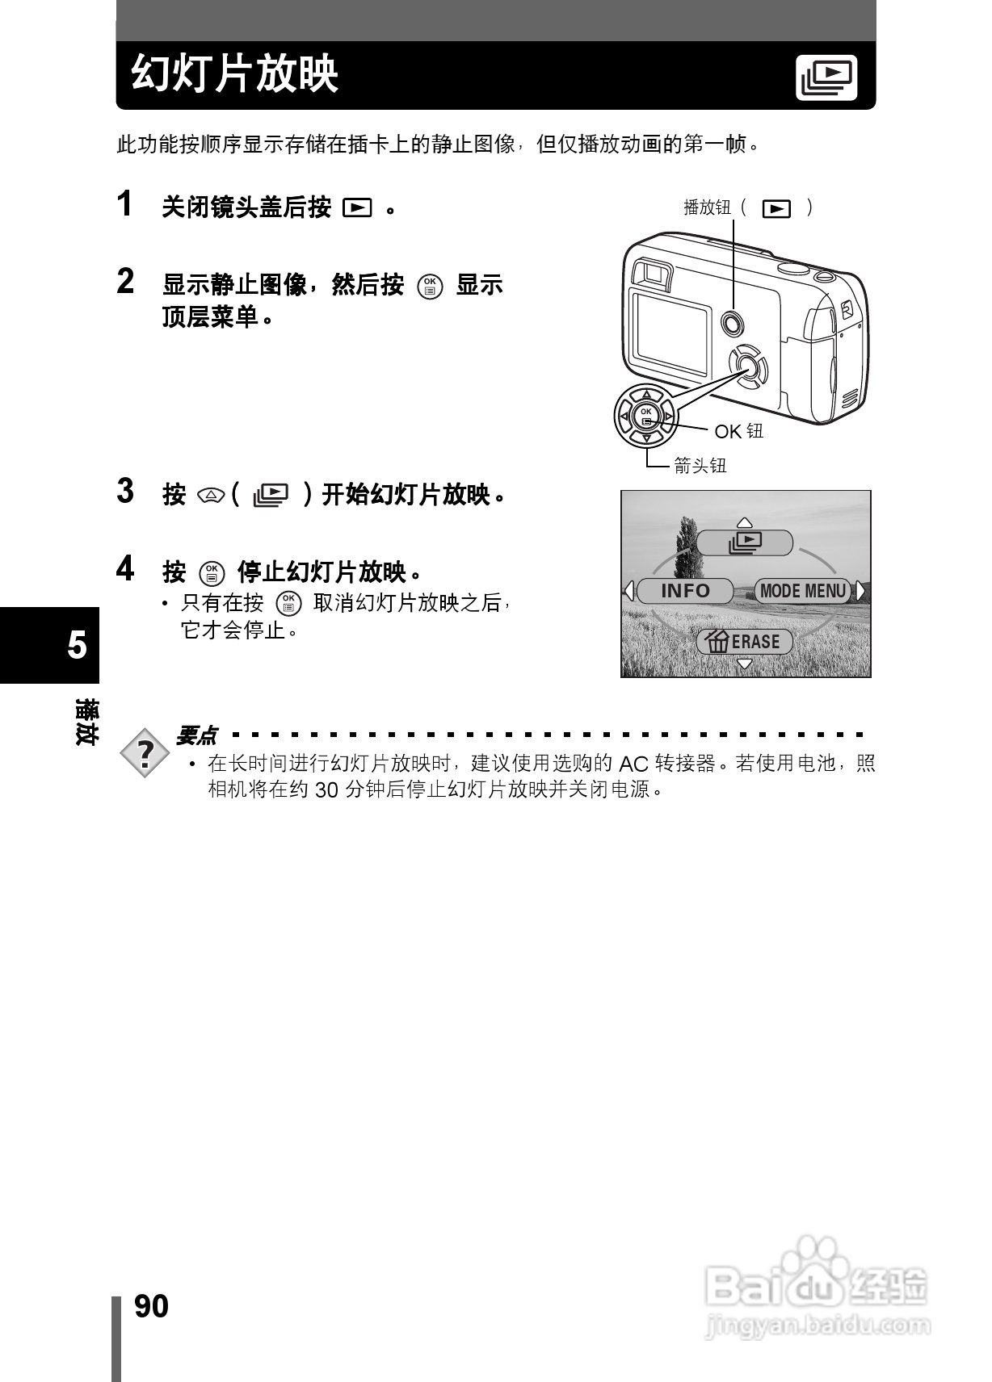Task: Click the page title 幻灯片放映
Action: tap(235, 75)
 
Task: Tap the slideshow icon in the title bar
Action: tap(826, 77)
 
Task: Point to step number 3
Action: tap(125, 491)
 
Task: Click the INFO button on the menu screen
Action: tap(685, 591)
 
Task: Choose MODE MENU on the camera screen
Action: tap(802, 591)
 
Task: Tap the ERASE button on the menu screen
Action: tap(745, 642)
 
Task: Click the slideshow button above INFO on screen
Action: tap(745, 542)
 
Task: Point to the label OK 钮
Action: tap(738, 432)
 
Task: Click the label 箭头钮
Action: tap(700, 466)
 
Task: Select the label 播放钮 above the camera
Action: tap(707, 208)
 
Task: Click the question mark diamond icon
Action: tap(145, 753)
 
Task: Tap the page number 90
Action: tap(151, 1306)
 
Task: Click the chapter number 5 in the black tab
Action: tap(77, 646)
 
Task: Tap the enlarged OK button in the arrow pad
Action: tap(646, 417)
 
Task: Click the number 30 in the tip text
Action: tap(326, 790)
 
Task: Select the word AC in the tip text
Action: tap(633, 764)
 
